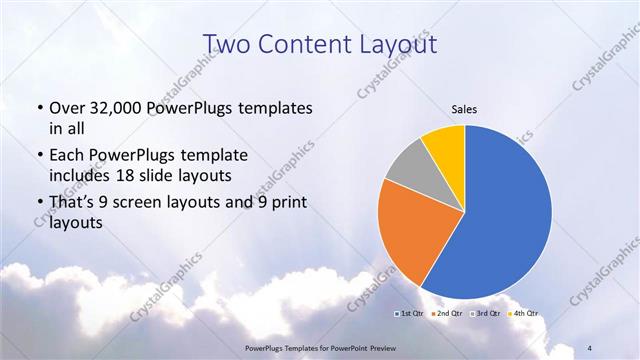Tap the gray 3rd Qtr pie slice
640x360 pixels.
click(408, 168)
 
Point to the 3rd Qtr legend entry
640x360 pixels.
click(483, 313)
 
